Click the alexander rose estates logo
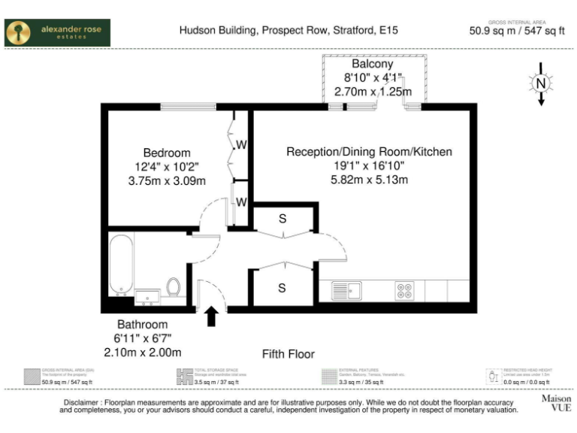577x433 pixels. click(x=57, y=33)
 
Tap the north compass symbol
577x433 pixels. click(x=539, y=84)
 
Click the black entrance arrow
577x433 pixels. click(x=212, y=316)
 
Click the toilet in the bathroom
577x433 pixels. click(x=174, y=287)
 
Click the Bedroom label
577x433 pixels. click(x=167, y=153)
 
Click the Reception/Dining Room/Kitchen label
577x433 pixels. click(x=369, y=152)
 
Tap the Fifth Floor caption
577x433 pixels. click(x=288, y=354)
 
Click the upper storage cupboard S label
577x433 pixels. click(x=282, y=219)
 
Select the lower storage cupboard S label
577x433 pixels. click(x=282, y=288)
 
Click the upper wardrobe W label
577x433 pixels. click(x=242, y=144)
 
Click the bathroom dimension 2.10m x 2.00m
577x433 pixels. click(x=142, y=352)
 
